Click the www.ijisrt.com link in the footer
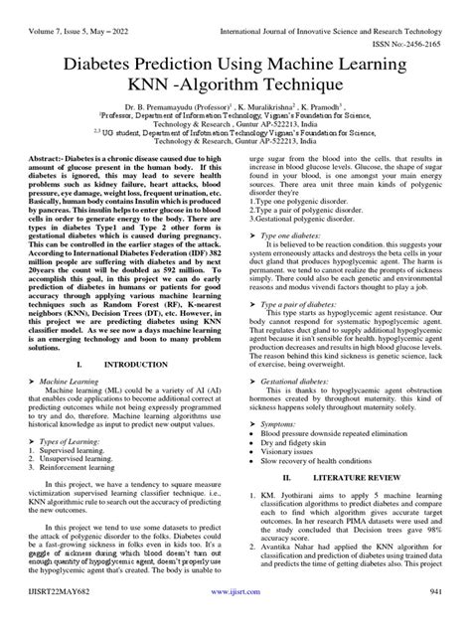(x=235, y=616)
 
